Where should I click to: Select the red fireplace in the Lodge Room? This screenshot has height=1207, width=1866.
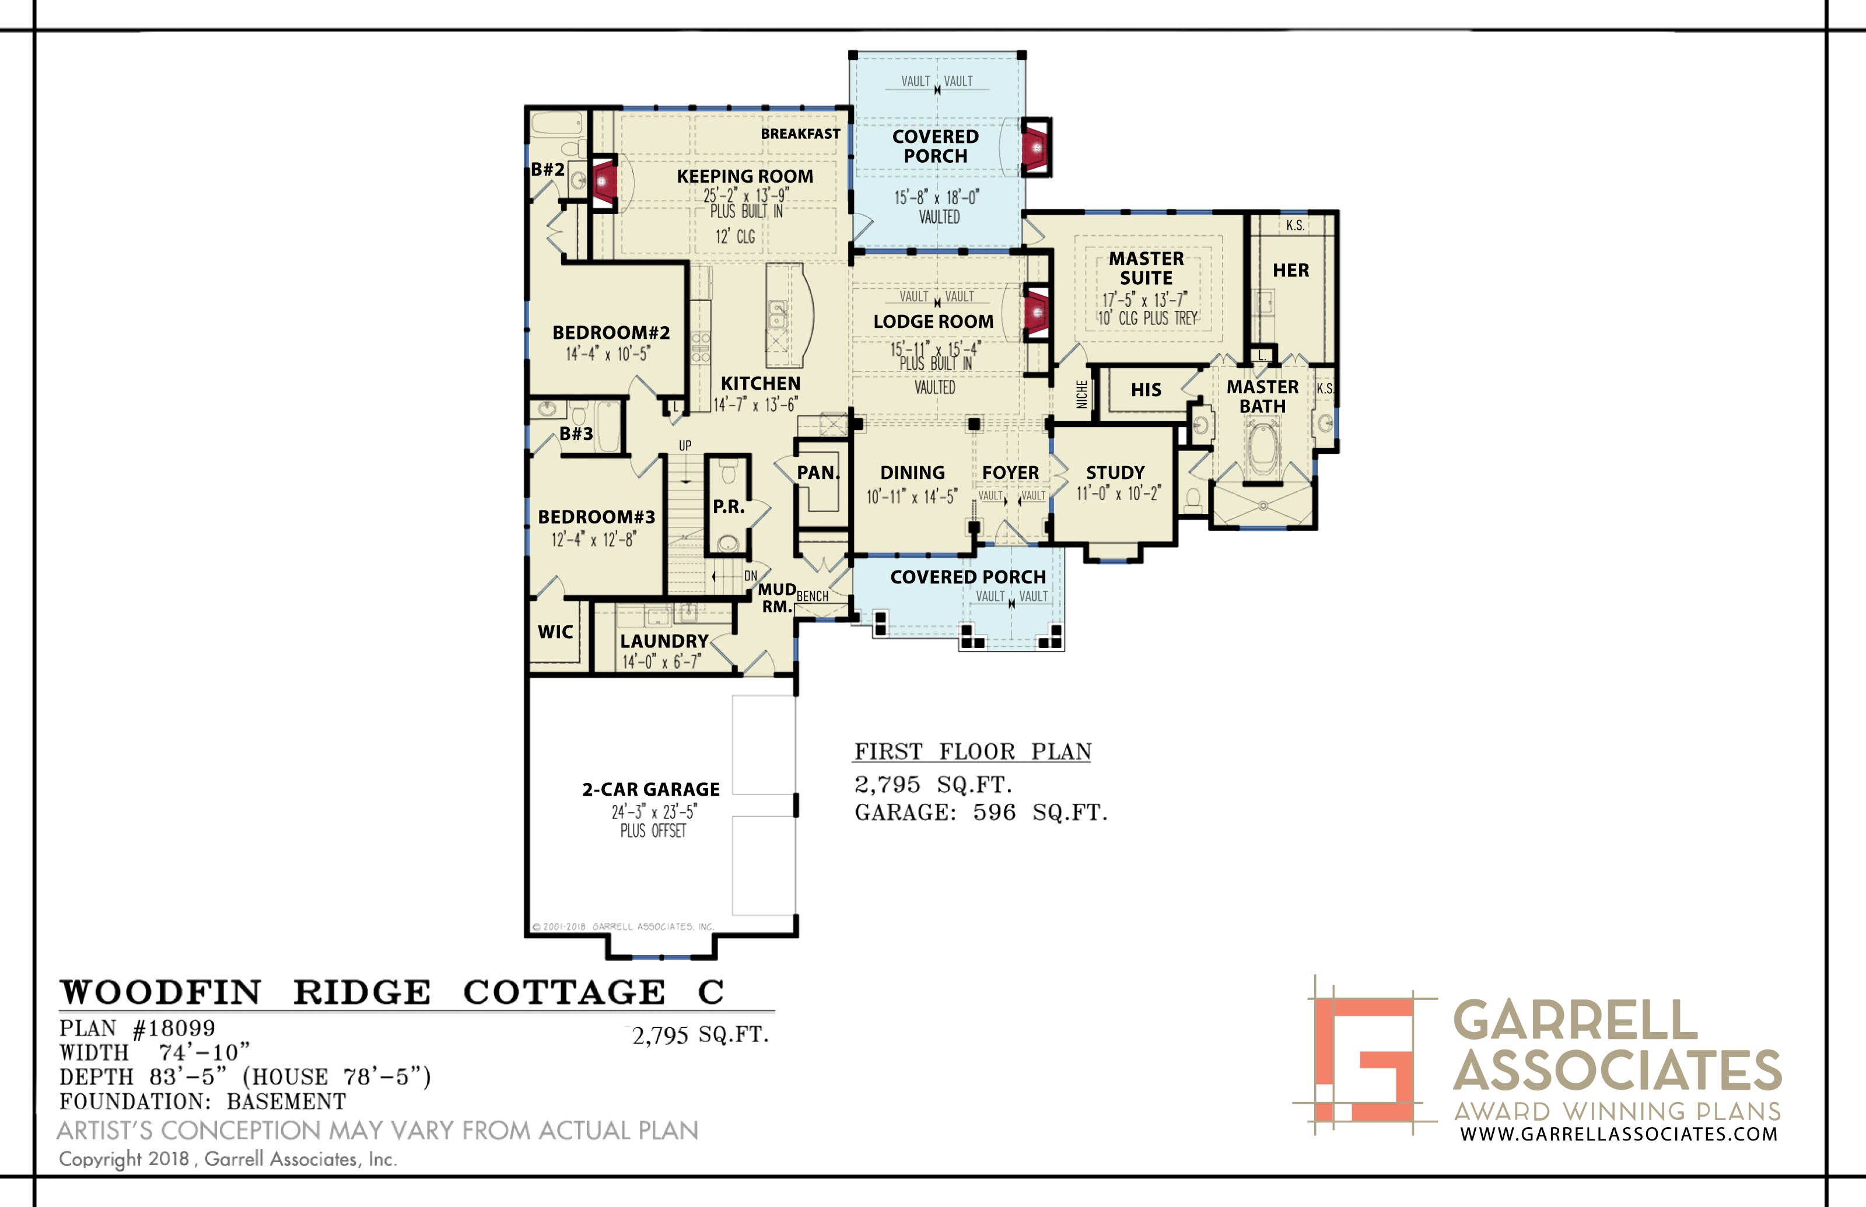click(1036, 313)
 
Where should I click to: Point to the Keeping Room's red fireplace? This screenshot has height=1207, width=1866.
click(603, 183)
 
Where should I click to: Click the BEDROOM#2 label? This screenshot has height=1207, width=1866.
click(611, 333)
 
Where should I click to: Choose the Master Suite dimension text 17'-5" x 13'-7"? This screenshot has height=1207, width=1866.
click(1144, 299)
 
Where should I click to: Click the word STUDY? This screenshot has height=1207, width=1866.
click(1115, 473)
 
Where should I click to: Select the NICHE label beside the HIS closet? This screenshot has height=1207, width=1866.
click(1081, 394)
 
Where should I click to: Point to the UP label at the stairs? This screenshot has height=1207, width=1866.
click(685, 445)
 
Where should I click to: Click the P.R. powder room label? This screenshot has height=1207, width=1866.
click(728, 507)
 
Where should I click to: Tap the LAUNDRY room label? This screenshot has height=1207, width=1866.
click(664, 641)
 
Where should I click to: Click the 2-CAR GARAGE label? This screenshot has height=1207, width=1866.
click(650, 789)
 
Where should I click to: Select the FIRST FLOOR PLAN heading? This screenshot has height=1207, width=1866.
click(972, 751)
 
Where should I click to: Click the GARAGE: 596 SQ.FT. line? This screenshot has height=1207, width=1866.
click(981, 813)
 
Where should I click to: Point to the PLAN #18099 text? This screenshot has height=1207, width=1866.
click(137, 1028)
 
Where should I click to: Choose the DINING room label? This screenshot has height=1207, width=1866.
click(912, 473)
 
